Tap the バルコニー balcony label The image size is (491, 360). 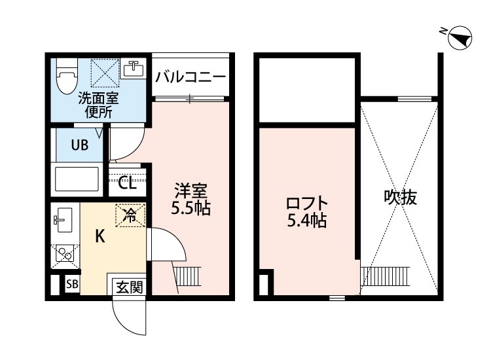(x=191, y=77)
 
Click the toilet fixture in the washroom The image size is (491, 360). (x=65, y=77)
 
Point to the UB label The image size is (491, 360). (x=79, y=146)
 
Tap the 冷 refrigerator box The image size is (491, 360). (x=130, y=215)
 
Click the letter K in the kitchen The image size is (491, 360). (x=100, y=237)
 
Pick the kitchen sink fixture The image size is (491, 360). (x=63, y=219)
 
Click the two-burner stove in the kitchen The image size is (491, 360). (x=64, y=254)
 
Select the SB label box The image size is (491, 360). (x=71, y=285)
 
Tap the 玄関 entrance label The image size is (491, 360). (x=129, y=286)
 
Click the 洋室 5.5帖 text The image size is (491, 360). (x=191, y=200)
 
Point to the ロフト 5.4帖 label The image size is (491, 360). (x=306, y=211)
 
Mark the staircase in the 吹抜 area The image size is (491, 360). (x=386, y=275)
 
